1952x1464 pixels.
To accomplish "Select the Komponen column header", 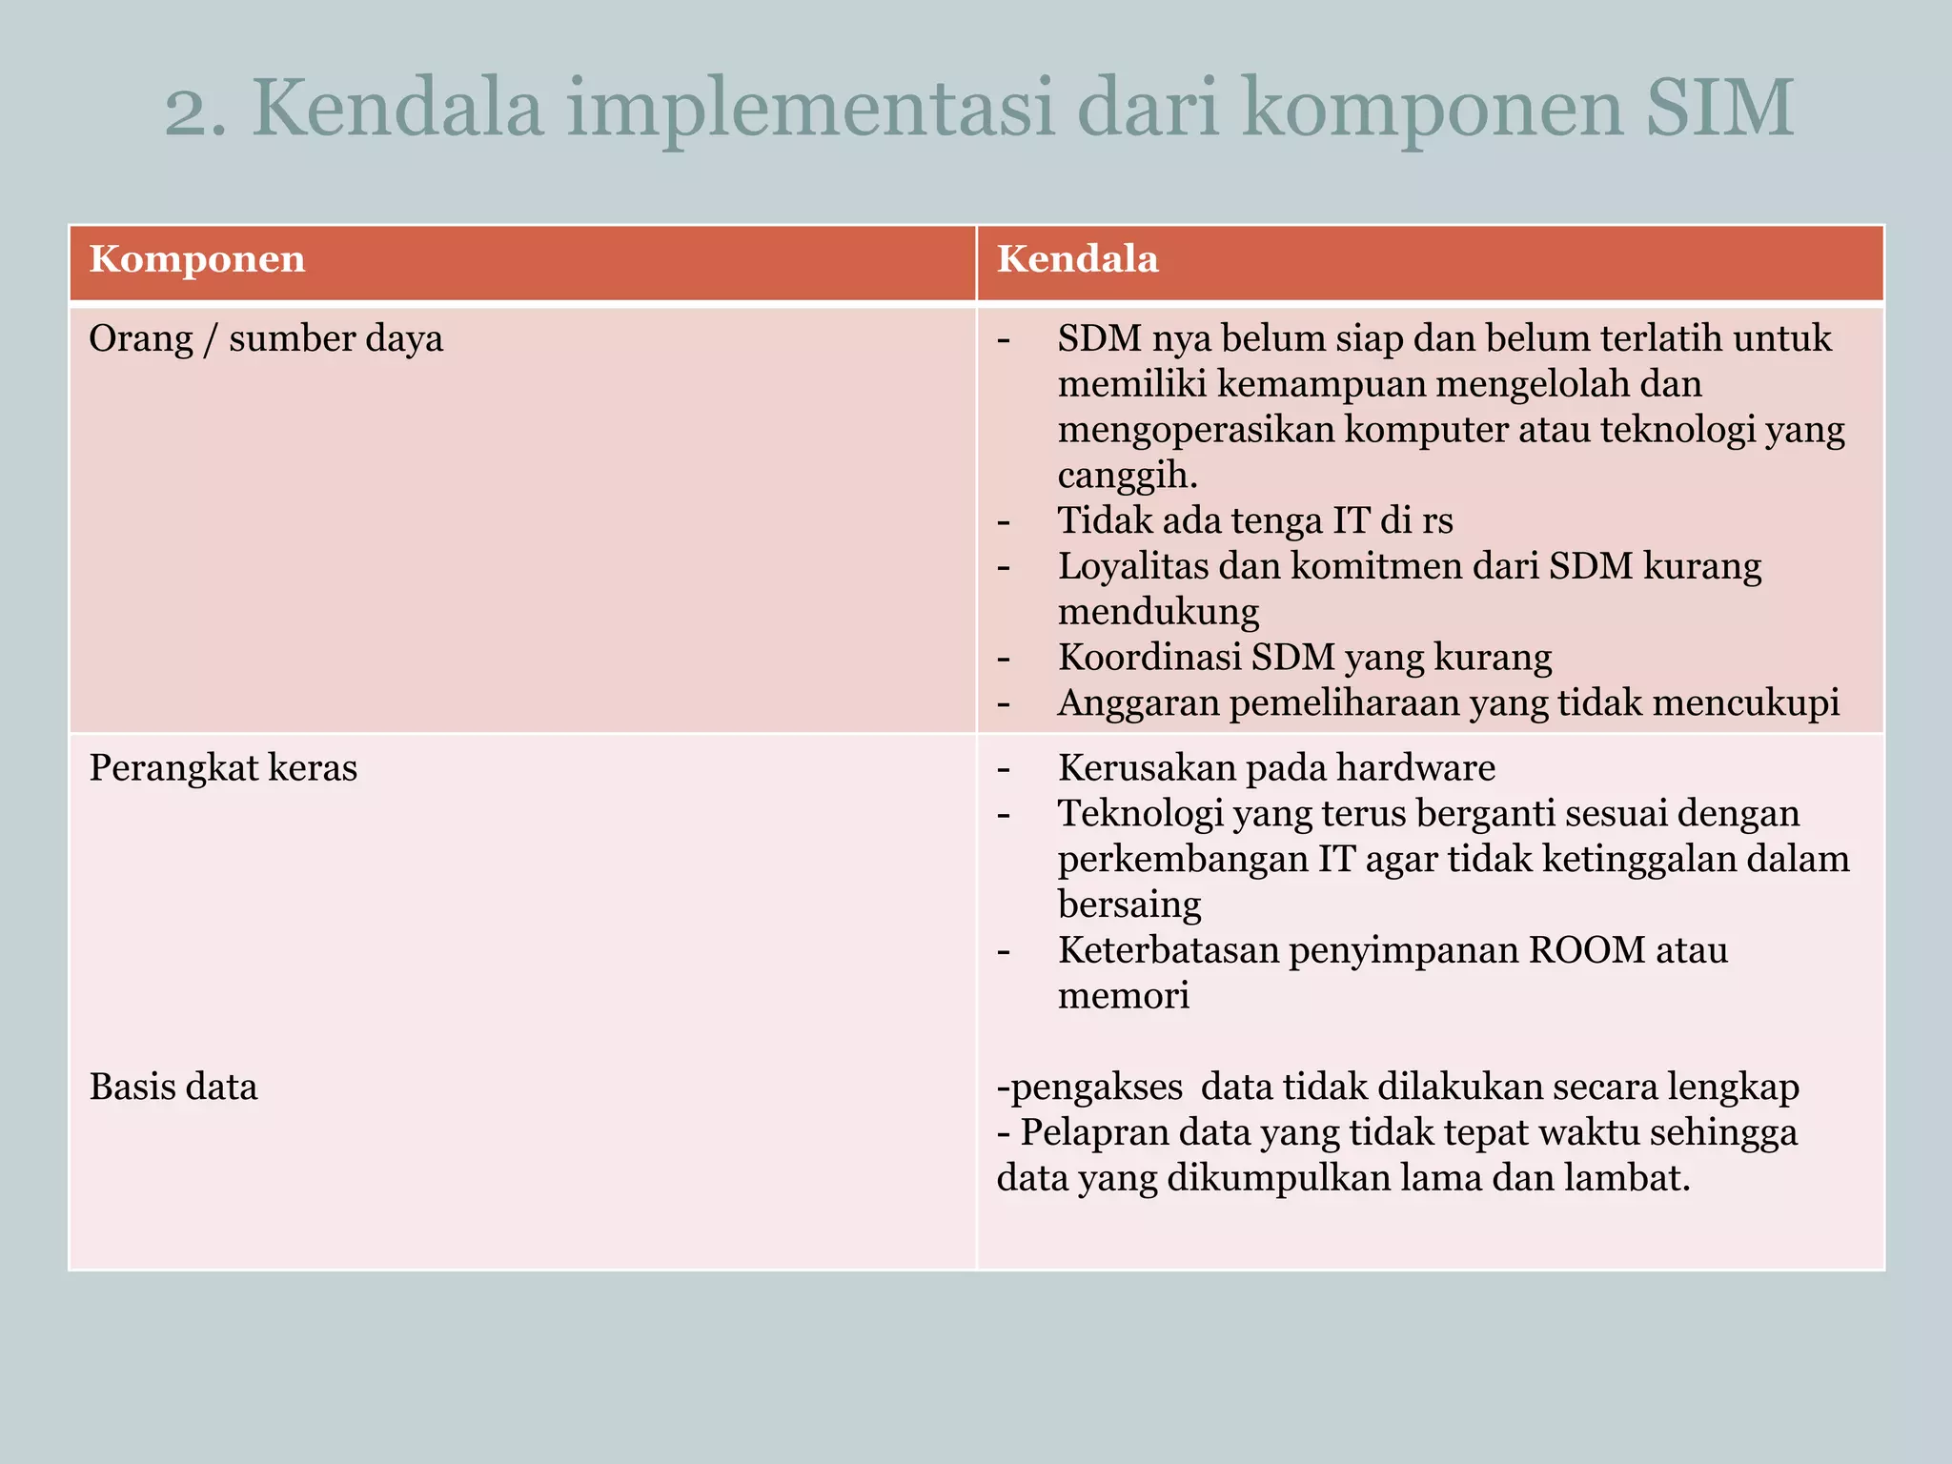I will tap(197, 259).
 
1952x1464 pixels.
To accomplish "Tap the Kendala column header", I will tap(1077, 259).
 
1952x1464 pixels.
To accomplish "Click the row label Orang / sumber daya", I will tap(266, 339).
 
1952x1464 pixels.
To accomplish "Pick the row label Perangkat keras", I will tap(223, 768).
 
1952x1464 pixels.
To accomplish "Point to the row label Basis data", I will tap(173, 1088).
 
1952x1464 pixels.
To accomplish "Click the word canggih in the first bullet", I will tap(1126, 475).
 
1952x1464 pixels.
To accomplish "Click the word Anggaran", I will tap(1136, 703).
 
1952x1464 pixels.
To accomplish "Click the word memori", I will tap(1124, 996).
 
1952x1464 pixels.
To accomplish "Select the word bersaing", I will tap(1129, 905).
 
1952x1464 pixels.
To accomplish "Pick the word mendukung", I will tap(1158, 612).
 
